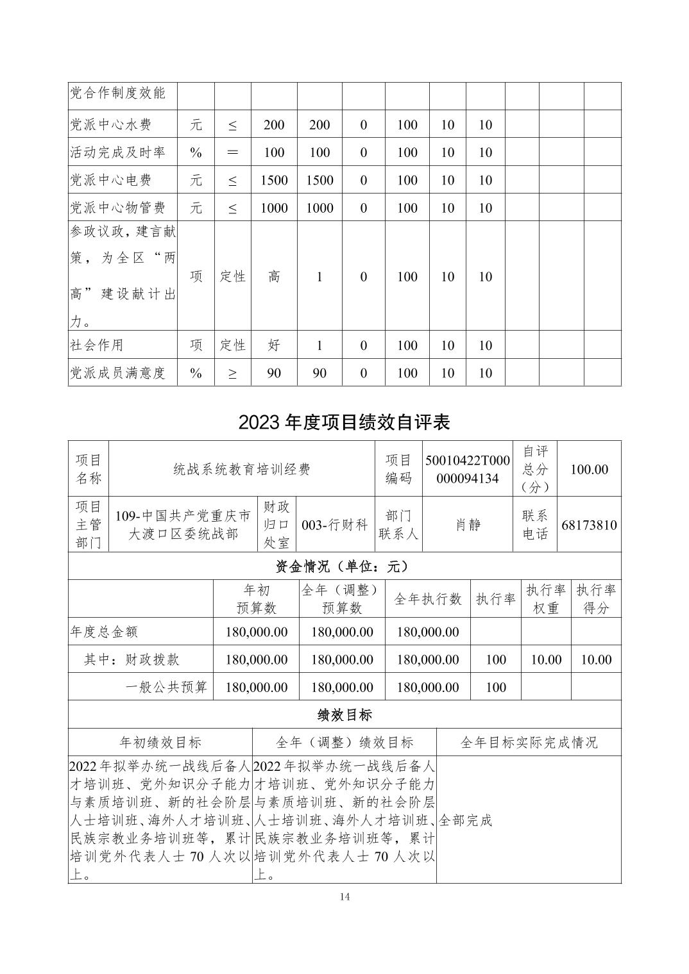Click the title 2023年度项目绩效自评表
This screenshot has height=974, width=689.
tap(344, 422)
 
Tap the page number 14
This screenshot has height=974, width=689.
tap(344, 896)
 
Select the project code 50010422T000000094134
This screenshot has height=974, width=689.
tap(467, 469)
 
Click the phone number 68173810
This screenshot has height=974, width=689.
tap(589, 525)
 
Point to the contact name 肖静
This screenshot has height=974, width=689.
tap(468, 525)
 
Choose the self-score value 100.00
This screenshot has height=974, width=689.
tap(589, 469)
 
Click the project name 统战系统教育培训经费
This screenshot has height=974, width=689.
tap(242, 469)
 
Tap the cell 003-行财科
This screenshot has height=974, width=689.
tap(335, 525)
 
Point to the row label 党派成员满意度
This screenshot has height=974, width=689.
tap(117, 373)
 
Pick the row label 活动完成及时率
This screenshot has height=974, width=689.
tap(117, 153)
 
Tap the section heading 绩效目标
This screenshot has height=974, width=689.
tap(344, 714)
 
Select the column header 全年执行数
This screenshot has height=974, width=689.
tap(428, 598)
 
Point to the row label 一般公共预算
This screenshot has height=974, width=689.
tap(166, 688)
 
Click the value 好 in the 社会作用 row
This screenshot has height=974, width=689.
tap(274, 345)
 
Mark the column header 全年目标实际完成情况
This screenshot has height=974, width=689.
tap(529, 742)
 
